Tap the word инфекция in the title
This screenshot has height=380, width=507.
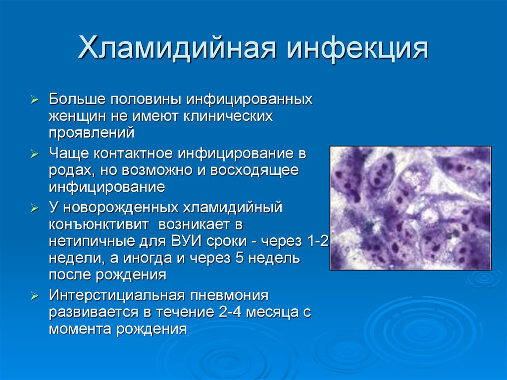click(x=357, y=49)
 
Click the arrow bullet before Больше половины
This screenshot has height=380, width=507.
click(x=34, y=100)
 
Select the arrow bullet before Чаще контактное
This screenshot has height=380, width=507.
click(x=34, y=154)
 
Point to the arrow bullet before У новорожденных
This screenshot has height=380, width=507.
click(x=34, y=208)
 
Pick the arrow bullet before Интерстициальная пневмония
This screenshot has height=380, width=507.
click(x=34, y=296)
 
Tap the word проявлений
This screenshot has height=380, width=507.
click(x=92, y=133)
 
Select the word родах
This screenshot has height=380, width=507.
click(x=72, y=170)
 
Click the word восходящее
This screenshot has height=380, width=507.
click(x=254, y=170)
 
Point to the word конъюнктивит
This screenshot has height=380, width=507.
click(x=99, y=224)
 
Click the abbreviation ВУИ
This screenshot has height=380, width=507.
click(x=187, y=241)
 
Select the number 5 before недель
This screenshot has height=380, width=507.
click(x=239, y=258)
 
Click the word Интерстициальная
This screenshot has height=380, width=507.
click(x=117, y=295)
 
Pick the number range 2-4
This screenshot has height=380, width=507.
click(x=230, y=312)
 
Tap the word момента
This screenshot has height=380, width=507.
click(x=81, y=329)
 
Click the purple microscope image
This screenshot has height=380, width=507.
click(x=410, y=208)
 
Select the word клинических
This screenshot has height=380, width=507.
click(x=228, y=116)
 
